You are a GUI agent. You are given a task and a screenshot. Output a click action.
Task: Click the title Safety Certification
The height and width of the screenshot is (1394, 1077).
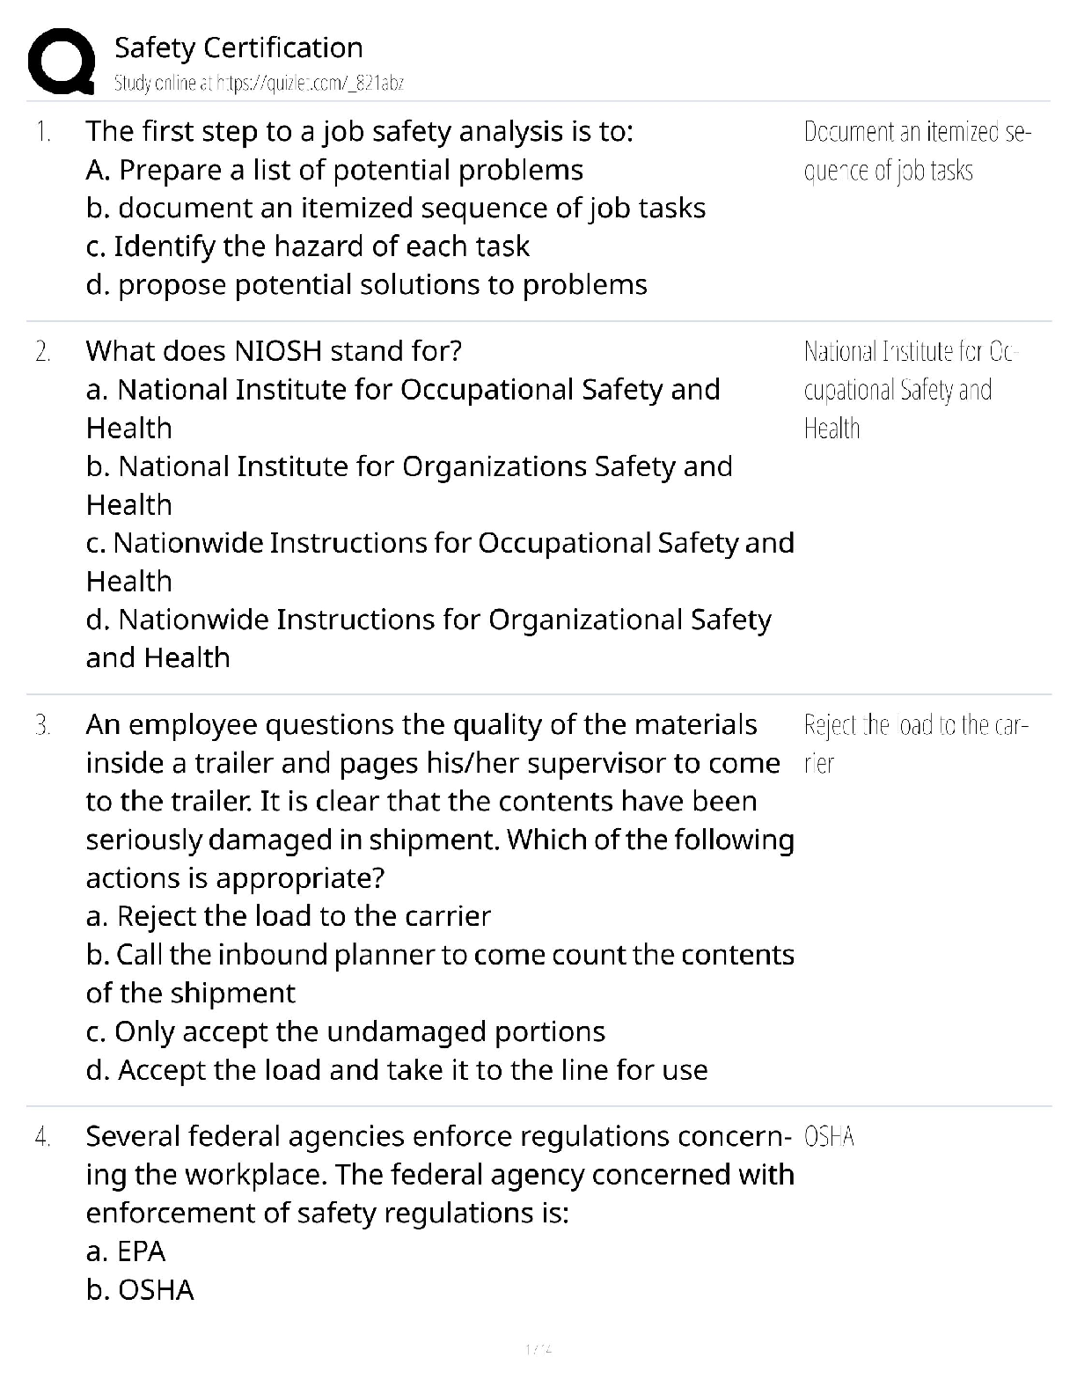coord(238,48)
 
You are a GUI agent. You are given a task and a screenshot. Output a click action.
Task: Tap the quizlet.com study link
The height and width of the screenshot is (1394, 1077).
coord(259,84)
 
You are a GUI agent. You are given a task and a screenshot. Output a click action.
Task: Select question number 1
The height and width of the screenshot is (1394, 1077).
coord(42,132)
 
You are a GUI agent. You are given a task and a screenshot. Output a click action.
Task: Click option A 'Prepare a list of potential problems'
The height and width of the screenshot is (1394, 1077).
coord(334,170)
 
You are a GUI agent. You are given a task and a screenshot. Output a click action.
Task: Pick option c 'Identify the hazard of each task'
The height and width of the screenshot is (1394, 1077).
coord(308,246)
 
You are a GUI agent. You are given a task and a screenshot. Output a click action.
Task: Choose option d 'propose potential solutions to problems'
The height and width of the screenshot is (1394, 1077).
coord(366,285)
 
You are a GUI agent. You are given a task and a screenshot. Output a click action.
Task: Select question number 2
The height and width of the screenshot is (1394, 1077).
coord(42,352)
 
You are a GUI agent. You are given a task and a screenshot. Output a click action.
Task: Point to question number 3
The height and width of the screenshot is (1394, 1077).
coord(42,725)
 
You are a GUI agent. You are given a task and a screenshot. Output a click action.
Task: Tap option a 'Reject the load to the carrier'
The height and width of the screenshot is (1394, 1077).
coord(288,916)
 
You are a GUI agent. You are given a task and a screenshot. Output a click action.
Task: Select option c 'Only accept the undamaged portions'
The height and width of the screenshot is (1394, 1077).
coord(346,1031)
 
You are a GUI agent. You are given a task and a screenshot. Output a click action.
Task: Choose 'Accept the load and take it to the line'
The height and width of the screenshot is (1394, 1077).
coord(397,1070)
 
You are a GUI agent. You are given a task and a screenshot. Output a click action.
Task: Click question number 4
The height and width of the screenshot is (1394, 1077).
coord(42,1137)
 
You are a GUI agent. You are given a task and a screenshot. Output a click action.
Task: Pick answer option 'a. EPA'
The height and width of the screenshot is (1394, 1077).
coord(126,1251)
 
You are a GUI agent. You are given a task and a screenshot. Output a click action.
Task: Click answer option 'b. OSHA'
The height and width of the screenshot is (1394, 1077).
coord(140,1290)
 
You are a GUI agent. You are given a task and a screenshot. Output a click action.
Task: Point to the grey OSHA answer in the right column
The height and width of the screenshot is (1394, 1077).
coord(829,1137)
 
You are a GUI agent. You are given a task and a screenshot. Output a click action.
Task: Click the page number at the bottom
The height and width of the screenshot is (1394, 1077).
coord(538,1348)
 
